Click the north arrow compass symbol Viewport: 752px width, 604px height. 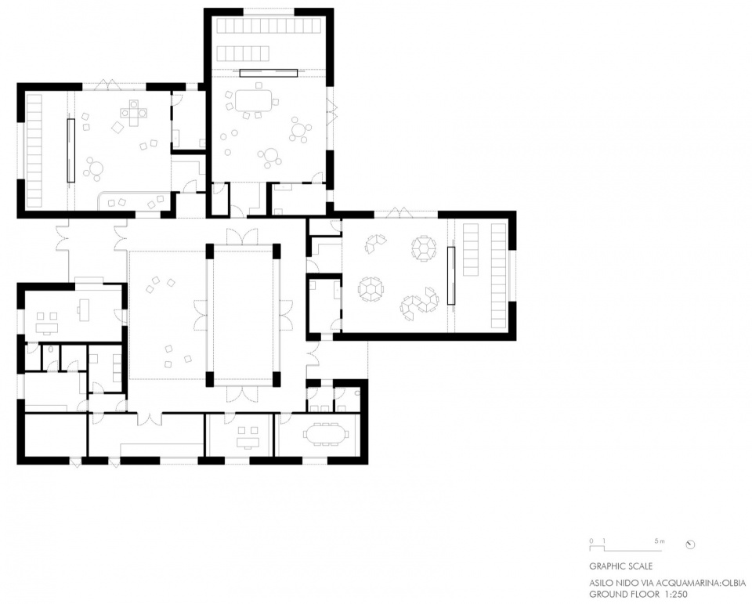pos(691,544)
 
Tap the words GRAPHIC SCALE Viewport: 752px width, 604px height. pos(620,566)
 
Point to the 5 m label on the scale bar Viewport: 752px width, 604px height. pos(660,541)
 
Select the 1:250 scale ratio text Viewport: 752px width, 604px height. pos(678,594)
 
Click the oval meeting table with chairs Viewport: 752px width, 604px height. pos(326,435)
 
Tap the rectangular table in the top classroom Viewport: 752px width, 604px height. pos(254,101)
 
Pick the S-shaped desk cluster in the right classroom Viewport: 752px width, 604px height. pos(420,304)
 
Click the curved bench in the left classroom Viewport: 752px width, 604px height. pos(134,201)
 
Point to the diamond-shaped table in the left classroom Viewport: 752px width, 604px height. pos(118,128)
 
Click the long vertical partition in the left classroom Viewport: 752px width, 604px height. pos(70,150)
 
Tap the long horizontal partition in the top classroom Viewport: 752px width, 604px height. pos(269,74)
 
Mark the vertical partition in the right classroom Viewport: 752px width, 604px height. pos(451,276)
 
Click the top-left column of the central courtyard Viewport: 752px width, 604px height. pos(210,251)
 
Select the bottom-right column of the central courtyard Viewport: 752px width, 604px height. pos(277,378)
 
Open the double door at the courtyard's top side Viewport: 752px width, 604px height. pos(243,237)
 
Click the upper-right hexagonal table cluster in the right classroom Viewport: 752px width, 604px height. pos(424,248)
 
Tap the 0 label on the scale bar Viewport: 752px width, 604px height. pos(591,541)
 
